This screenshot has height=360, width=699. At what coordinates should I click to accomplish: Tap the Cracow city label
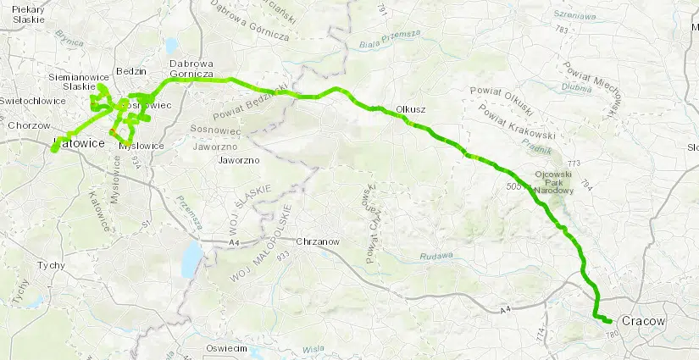click(643, 321)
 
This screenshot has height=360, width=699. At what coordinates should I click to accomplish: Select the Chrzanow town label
click(318, 241)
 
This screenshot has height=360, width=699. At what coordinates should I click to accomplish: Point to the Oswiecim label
click(225, 349)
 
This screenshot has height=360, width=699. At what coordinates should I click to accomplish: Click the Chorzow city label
click(24, 125)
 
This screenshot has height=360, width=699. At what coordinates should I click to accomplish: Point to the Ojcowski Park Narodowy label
click(555, 183)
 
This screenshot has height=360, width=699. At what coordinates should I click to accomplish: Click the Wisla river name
click(313, 348)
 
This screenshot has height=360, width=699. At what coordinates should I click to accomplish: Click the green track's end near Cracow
click(608, 320)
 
